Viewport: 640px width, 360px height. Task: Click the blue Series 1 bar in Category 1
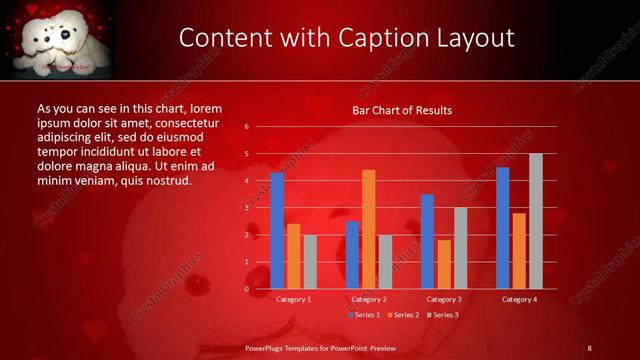pos(277,231)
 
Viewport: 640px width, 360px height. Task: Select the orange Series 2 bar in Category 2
pos(369,229)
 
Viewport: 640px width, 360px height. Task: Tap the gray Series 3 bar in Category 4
pos(536,221)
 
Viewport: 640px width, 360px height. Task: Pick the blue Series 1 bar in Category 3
pos(427,241)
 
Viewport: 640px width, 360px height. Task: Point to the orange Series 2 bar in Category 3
pos(444,264)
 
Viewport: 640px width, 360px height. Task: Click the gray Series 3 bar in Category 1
pos(310,262)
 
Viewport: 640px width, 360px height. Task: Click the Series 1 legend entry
pos(364,315)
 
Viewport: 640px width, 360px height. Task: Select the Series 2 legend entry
pos(402,315)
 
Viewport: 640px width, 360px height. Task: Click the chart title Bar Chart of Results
pos(402,110)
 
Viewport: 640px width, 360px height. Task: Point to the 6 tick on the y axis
pos(246,127)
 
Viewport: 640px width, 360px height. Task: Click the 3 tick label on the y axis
pos(246,208)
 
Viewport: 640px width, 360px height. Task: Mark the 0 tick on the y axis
pos(246,289)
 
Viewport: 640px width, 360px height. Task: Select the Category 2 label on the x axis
pos(369,299)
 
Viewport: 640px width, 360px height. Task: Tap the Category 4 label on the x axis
pos(519,299)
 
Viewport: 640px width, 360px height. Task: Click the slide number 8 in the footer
pos(589,347)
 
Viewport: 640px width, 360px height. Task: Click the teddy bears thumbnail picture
pos(57,38)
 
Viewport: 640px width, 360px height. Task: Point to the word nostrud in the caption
pos(166,180)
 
